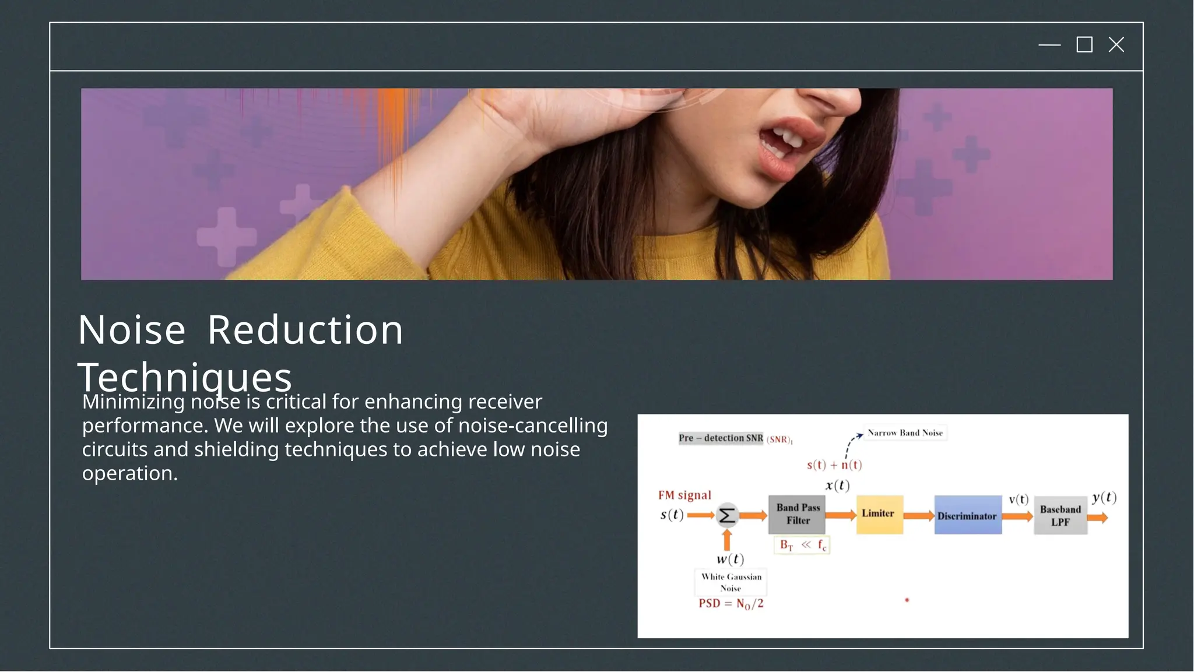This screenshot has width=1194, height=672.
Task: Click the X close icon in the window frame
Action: coord(1116,45)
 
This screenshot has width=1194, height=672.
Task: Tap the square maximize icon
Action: coord(1084,45)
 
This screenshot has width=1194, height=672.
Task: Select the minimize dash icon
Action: coord(1049,45)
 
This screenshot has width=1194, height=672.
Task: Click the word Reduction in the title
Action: coord(305,330)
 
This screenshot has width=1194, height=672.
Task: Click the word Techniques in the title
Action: coord(184,378)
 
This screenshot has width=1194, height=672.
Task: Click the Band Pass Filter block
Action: coord(797,515)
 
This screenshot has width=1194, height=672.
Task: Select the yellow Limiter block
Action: coord(879,514)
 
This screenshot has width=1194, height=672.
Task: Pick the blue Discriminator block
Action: coord(967,515)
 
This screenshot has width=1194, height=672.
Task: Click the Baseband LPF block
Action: coord(1060,516)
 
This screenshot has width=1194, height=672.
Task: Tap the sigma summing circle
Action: coord(726,515)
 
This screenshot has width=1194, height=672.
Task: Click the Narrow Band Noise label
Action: coord(905,433)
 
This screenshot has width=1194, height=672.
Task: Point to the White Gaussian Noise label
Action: coord(731,582)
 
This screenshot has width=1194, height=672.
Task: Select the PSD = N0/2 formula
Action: coord(731,604)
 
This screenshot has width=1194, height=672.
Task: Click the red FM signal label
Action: coord(684,495)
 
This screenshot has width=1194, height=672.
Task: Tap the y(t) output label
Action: coord(1104,497)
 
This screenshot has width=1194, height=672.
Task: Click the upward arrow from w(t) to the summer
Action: coord(726,540)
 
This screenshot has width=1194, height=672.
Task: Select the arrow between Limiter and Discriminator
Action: coord(918,516)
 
